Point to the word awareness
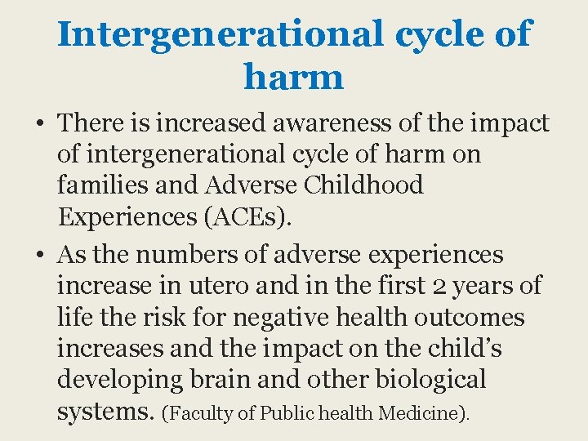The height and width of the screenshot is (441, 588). click(x=314, y=123)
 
